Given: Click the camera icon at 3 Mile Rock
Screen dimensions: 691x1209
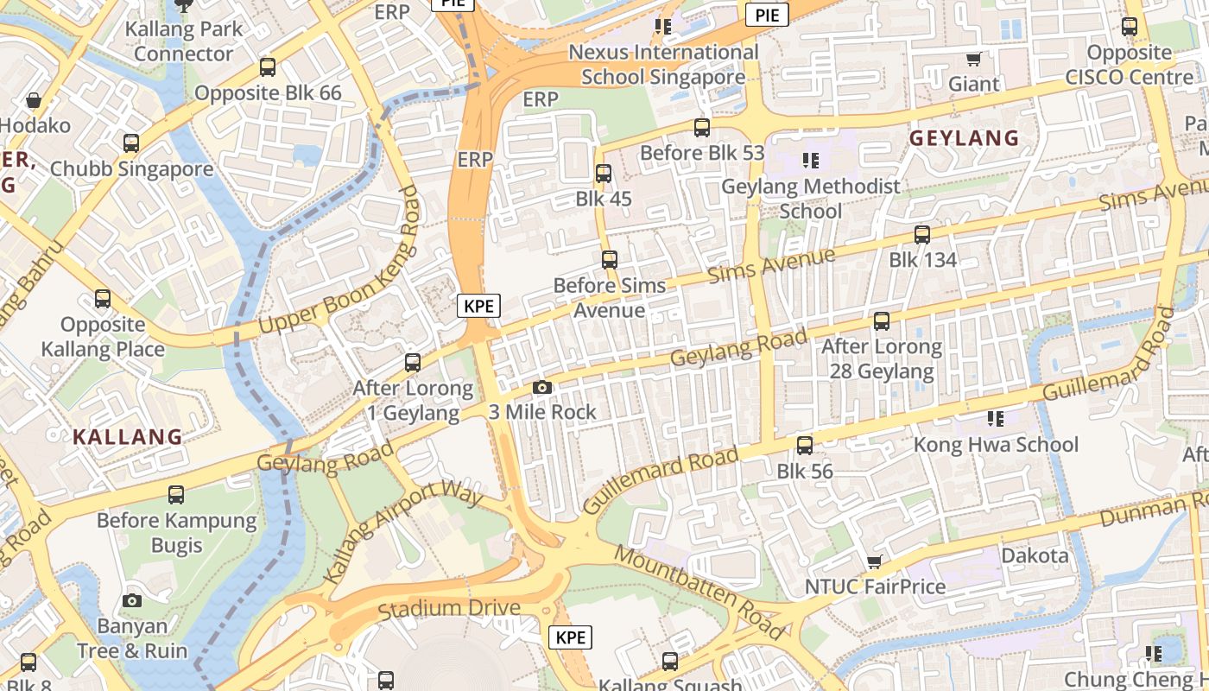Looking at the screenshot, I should point(542,388).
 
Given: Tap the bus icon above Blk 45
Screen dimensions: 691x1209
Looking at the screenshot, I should point(604,174).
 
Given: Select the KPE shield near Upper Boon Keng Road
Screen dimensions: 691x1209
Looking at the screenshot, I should point(478,306).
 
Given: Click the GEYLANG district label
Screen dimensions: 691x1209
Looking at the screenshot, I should point(965,138).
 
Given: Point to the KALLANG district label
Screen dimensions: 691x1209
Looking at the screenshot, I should point(128,437).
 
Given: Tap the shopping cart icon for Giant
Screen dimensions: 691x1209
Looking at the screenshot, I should point(974,60).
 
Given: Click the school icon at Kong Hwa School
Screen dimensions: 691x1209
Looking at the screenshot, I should point(996,419).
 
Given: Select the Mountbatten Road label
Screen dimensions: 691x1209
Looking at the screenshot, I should point(699,591).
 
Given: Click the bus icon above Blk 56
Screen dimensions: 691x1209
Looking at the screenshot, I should point(805,446).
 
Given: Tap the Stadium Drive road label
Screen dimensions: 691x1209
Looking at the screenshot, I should point(449,608).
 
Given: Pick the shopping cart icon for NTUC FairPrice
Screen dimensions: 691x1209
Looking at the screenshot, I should point(875,562).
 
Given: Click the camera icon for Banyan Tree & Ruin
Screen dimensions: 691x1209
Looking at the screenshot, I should point(132,600).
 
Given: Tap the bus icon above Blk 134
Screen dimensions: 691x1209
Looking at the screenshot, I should point(922,235).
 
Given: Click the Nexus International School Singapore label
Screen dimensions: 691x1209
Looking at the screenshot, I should point(663,65).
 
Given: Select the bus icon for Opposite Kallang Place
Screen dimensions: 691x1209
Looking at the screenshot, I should point(103,300).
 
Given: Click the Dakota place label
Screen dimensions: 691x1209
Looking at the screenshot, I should point(1035,555).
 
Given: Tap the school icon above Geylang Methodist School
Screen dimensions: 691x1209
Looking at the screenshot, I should point(810,161).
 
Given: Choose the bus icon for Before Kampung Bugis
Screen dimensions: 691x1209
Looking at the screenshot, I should point(176,495).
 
